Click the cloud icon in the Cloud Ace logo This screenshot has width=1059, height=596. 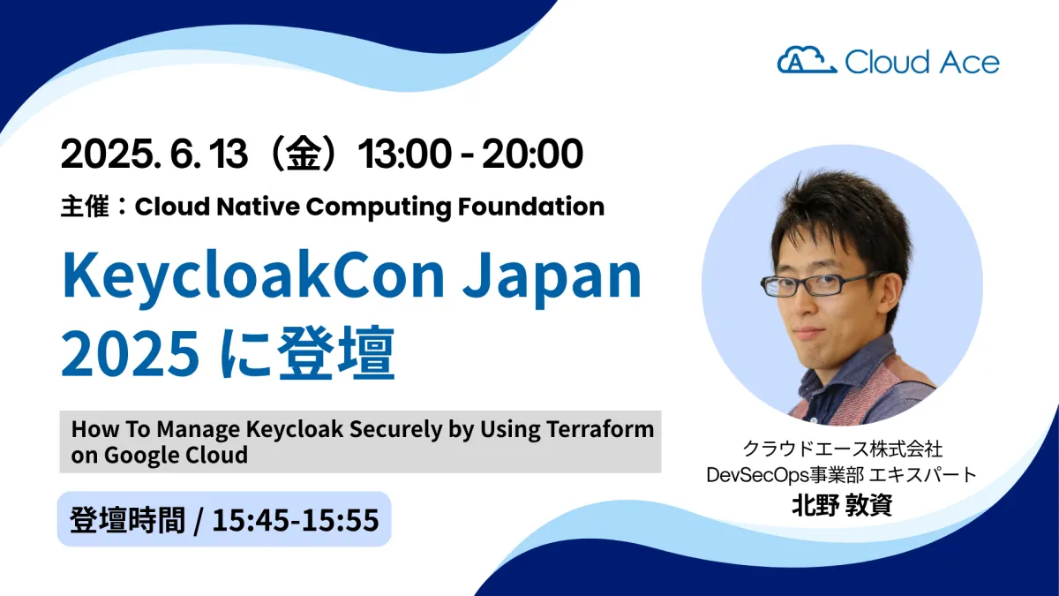click(x=807, y=60)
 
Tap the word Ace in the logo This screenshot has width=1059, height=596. click(x=969, y=63)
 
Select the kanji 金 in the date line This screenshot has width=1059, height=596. click(x=303, y=154)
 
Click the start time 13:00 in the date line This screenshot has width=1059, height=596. click(x=404, y=154)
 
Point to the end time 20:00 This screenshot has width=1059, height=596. click(x=532, y=154)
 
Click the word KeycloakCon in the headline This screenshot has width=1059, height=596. click(x=253, y=276)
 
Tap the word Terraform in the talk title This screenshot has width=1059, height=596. click(x=600, y=429)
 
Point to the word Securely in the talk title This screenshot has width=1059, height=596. click(x=395, y=430)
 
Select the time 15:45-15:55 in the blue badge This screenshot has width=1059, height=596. click(x=296, y=520)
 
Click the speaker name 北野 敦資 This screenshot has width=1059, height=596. click(x=842, y=505)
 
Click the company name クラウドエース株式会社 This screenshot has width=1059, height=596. click(x=843, y=449)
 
